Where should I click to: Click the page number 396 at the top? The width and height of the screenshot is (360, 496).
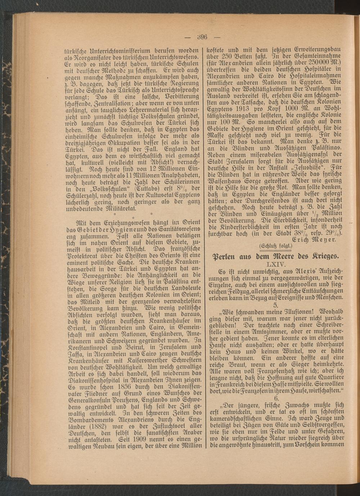(203, 37)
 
